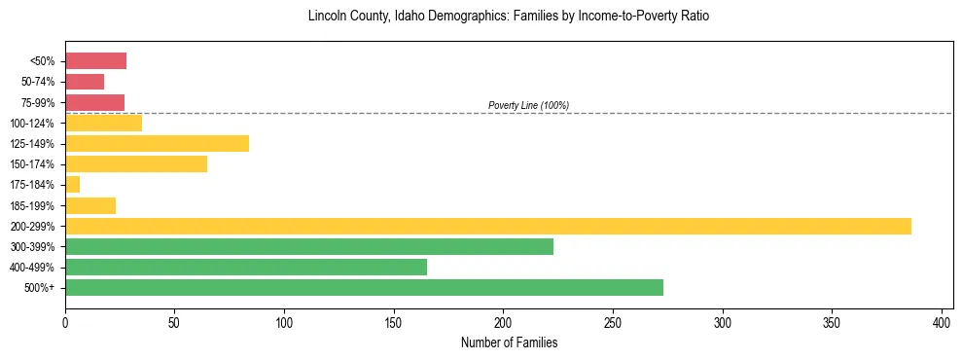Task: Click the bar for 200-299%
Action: coord(487,226)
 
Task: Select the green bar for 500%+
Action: coord(364,287)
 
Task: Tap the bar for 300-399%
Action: coord(309,246)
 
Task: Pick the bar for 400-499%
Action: coord(246,267)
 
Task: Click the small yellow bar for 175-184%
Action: coord(73,184)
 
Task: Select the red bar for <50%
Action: coord(95,61)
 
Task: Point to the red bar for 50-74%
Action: coord(85,82)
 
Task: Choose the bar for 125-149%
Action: coord(157,143)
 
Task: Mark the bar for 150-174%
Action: coord(136,163)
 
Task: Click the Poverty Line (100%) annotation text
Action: coord(528,105)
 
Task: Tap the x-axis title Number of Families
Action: coord(509,342)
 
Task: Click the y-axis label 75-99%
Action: coord(38,103)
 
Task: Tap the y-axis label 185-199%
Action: coord(33,205)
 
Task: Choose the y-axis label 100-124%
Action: coord(33,124)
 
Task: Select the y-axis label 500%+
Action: coord(41,288)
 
